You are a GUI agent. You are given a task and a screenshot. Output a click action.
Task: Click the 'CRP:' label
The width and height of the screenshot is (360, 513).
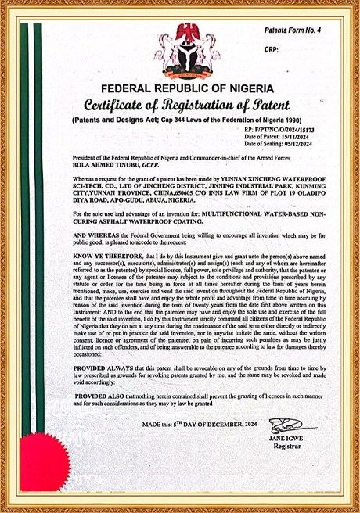272,48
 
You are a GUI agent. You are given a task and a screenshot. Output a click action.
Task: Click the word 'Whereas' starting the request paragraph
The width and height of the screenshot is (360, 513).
84,179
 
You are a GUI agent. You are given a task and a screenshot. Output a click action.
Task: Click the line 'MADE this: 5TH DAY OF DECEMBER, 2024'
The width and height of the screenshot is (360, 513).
199,424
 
